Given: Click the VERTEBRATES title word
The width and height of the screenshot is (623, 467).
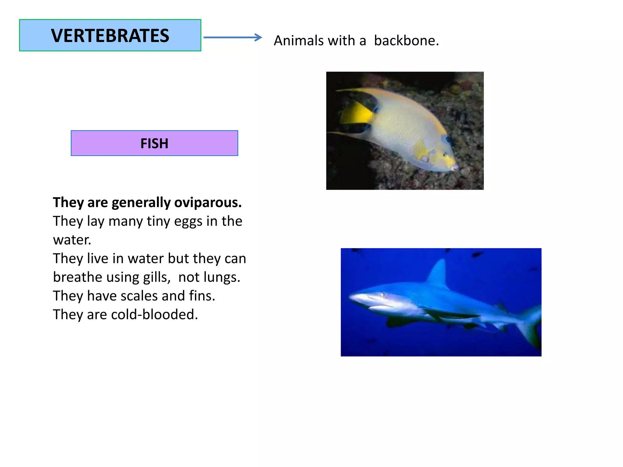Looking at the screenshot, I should tap(110, 36).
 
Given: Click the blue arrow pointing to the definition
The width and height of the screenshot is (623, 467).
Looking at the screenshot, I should tap(232, 37).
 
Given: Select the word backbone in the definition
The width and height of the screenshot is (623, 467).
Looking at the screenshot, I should tap(406, 40).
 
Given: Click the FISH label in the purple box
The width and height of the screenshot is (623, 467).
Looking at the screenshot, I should tap(154, 143).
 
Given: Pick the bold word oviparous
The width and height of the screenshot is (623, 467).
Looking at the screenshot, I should tap(208, 202).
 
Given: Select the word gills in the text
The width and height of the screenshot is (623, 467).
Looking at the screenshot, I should tap(157, 277).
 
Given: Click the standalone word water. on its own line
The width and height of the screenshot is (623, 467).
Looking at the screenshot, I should tap(72, 240).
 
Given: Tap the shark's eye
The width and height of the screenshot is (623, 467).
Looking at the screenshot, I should tap(383, 294).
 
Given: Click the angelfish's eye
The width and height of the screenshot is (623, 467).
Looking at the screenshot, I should tap(448, 140).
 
